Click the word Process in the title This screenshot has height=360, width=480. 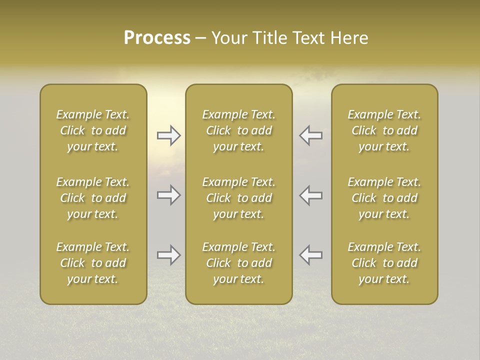[157, 38]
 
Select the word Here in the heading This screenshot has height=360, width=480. [349, 38]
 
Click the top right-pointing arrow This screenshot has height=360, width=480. [168, 135]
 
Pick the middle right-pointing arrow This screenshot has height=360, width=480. [168, 195]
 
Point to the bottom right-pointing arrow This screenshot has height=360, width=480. [168, 255]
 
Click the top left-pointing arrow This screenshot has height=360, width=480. [310, 135]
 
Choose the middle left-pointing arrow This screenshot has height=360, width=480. [310, 195]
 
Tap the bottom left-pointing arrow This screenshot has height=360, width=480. [310, 255]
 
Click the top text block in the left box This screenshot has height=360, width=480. [93, 130]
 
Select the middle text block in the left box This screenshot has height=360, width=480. [93, 198]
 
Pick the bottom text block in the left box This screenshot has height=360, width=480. [93, 263]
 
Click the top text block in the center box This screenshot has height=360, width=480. [238, 130]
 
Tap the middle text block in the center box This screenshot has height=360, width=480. [238, 198]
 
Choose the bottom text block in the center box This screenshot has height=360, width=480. [238, 263]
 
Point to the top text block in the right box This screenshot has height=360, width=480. [384, 130]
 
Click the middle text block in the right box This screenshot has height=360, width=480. [384, 198]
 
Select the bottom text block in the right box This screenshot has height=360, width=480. [384, 263]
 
